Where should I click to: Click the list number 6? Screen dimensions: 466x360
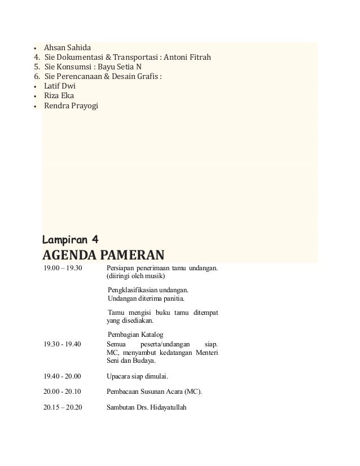[x=37, y=77]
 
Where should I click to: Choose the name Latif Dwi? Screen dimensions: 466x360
[x=60, y=86]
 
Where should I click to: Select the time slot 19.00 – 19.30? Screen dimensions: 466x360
[x=63, y=268]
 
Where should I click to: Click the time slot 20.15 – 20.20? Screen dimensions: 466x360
[x=63, y=408]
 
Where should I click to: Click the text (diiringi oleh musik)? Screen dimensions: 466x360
[x=135, y=276]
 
